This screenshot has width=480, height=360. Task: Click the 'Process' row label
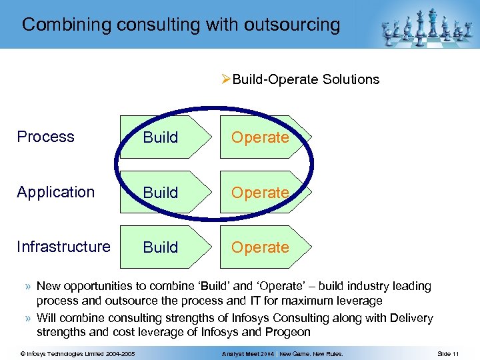click(45, 137)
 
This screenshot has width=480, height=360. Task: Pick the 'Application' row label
click(56, 192)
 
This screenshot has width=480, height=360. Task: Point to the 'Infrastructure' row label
click(64, 247)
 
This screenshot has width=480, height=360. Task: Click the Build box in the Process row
click(161, 137)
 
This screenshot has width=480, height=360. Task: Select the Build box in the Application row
click(161, 193)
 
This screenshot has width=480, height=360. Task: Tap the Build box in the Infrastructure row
click(161, 247)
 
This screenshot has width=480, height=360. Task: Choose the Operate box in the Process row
click(261, 137)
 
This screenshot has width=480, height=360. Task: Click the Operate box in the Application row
click(261, 193)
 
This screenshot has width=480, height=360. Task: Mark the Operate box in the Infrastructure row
click(261, 247)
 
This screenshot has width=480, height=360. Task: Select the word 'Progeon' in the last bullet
click(288, 332)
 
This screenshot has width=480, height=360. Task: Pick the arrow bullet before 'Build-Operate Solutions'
click(227, 79)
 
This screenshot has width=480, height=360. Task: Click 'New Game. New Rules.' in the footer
click(311, 353)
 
